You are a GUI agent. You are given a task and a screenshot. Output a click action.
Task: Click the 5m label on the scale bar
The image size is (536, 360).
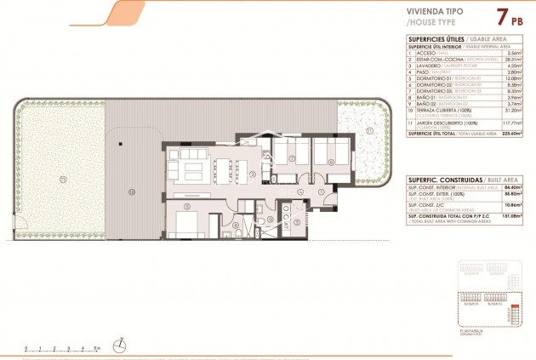(x=97, y=348)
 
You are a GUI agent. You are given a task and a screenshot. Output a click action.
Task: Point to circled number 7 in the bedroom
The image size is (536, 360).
(x=292, y=158)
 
